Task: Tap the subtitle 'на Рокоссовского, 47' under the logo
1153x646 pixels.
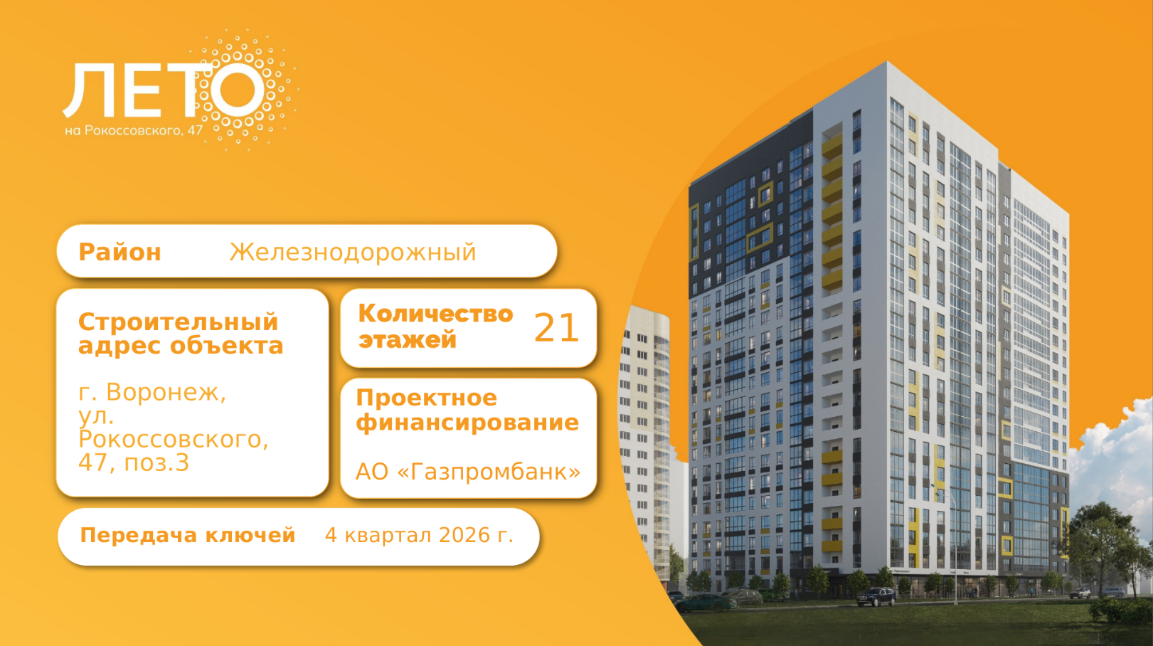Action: [x=134, y=131]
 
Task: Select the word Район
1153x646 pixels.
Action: [x=120, y=253]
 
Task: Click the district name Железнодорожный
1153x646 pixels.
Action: [x=353, y=253]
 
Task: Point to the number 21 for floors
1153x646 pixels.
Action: [x=556, y=328]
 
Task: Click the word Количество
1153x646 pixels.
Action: [x=435, y=314]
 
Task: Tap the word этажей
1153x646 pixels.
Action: [x=407, y=340]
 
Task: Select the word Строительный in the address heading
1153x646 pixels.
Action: [x=178, y=323]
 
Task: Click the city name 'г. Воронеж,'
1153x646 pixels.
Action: [x=152, y=392]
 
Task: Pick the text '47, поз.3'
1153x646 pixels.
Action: [x=134, y=462]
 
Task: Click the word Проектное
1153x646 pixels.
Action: [x=426, y=398]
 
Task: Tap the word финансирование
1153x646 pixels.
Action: [x=467, y=423]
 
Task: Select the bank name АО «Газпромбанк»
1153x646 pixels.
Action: [x=468, y=472]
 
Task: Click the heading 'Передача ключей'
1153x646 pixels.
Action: [x=187, y=535]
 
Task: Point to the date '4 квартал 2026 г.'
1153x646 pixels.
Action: [x=419, y=535]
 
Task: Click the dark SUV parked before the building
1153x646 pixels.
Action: [x=876, y=596]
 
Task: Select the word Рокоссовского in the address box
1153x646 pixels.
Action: [x=174, y=439]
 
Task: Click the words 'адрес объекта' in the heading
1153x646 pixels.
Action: [x=181, y=345]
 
